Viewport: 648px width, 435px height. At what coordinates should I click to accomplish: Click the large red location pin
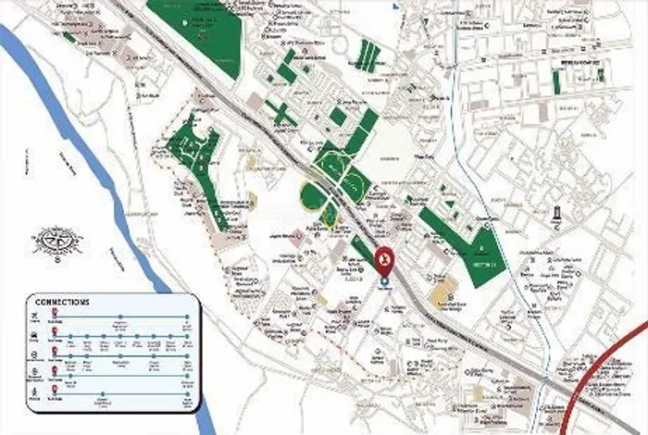point(386,262)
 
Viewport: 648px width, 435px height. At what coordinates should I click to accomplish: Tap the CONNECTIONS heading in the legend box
point(61,303)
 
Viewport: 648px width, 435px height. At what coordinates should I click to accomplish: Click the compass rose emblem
point(57,241)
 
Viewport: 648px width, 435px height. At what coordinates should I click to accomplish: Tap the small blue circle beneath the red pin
point(386,281)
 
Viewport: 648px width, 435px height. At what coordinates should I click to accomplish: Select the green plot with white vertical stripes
point(368,56)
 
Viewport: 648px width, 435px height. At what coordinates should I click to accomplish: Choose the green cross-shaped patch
point(280,113)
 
